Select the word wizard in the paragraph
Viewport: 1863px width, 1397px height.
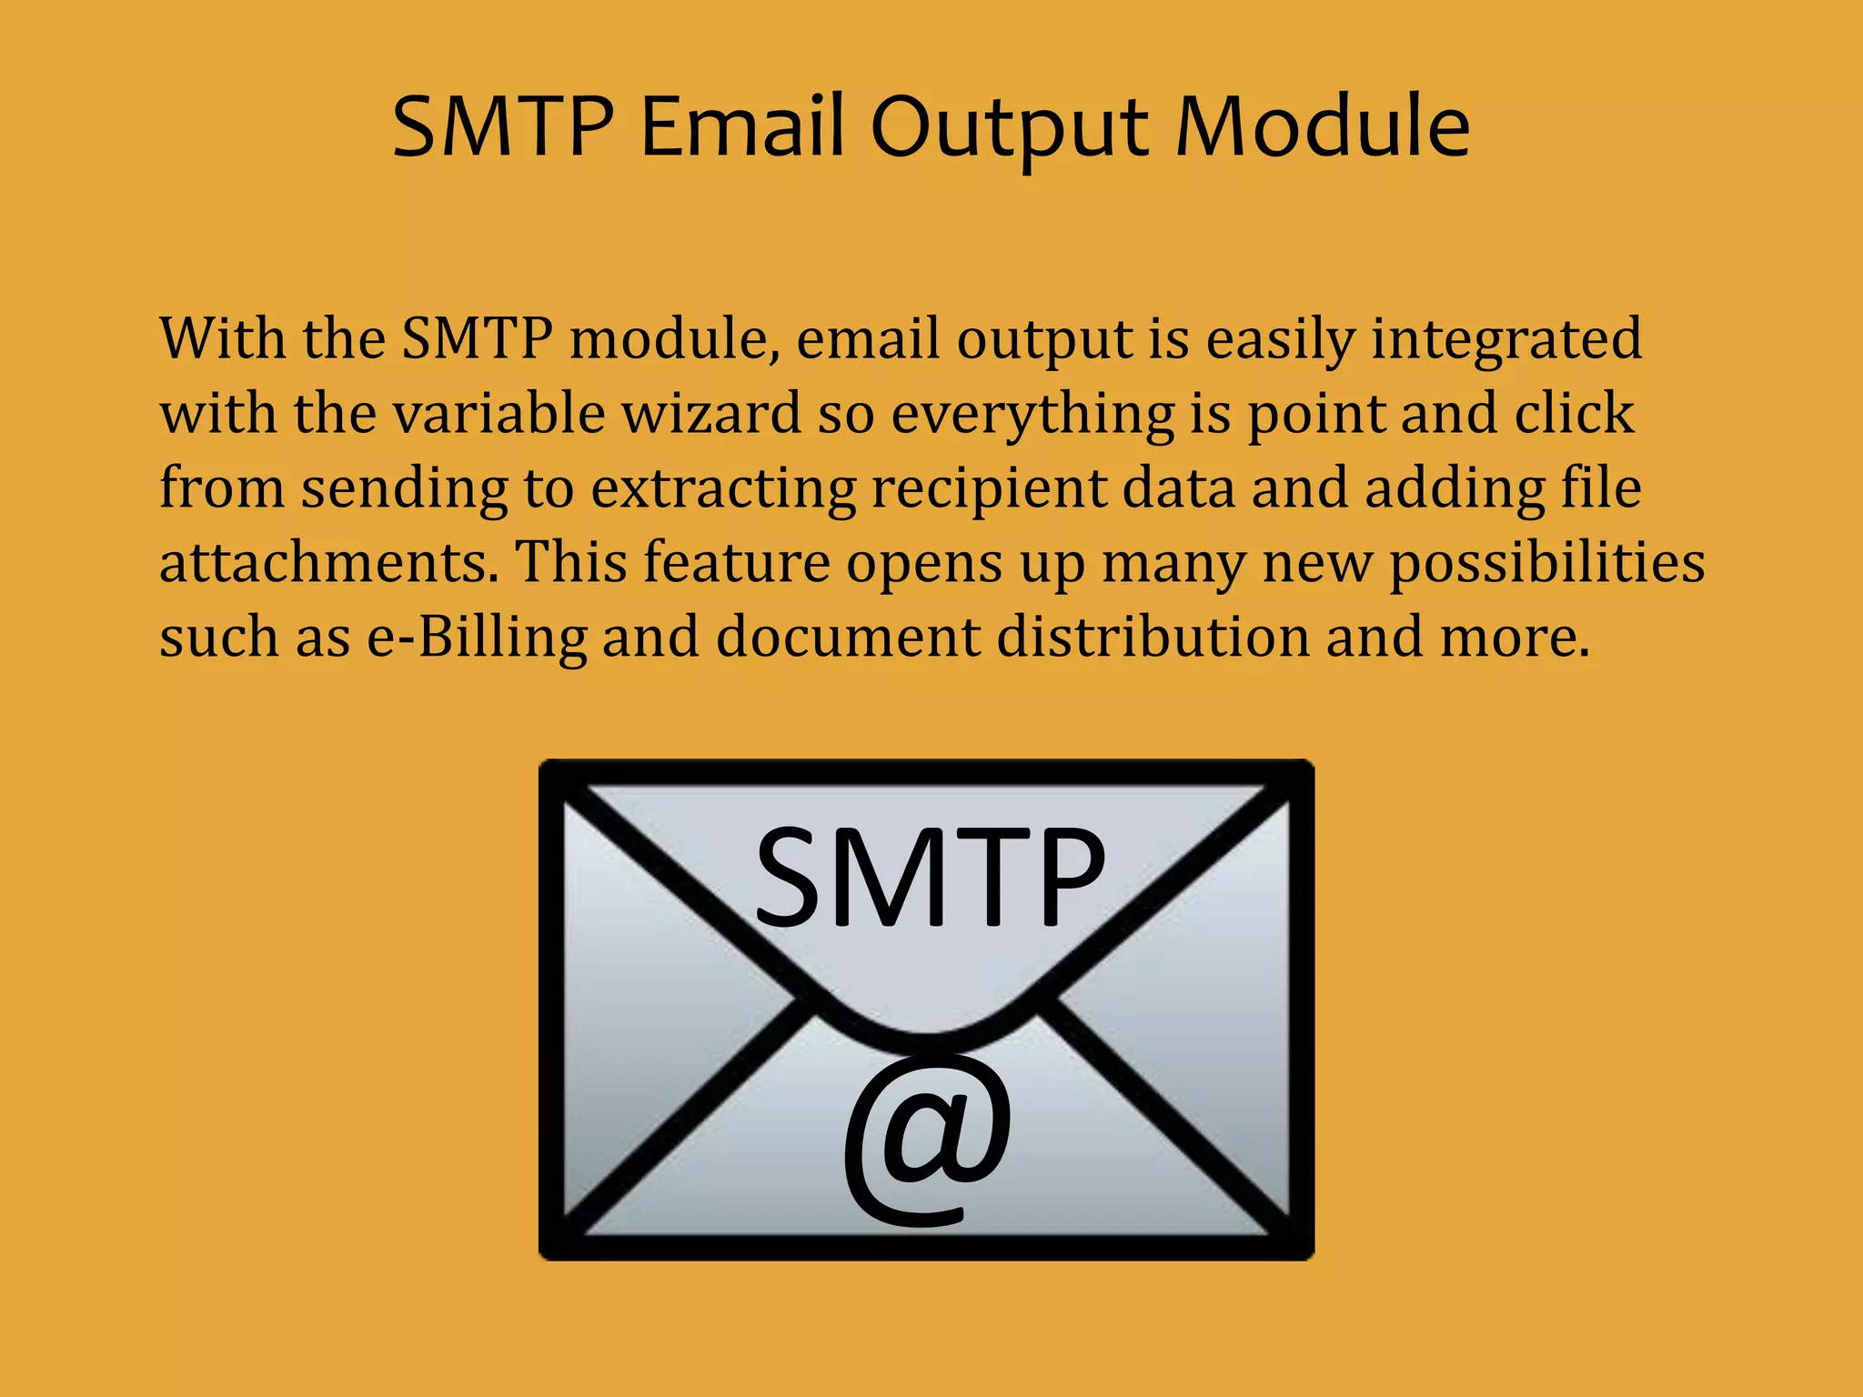(x=711, y=414)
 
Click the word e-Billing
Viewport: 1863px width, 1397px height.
(x=477, y=638)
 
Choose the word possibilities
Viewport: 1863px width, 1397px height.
(x=1546, y=563)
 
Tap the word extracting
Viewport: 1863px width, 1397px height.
(x=723, y=488)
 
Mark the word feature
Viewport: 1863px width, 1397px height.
(x=737, y=562)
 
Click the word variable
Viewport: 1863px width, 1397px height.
(x=499, y=414)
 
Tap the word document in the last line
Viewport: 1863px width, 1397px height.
(x=847, y=637)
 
